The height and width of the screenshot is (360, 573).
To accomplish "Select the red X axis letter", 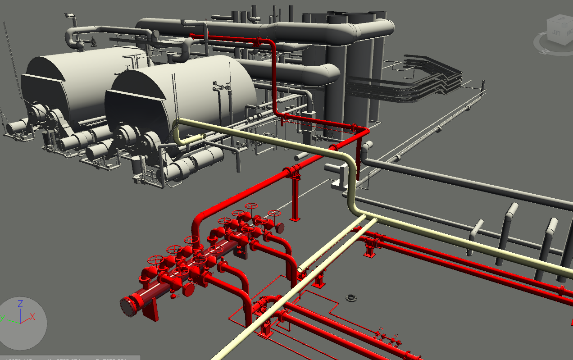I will tap(32, 316).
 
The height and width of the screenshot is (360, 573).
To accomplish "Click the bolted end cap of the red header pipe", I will tap(129, 307).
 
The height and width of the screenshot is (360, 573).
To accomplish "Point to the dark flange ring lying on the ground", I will tap(351, 297).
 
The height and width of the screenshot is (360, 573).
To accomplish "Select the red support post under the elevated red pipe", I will tap(295, 198).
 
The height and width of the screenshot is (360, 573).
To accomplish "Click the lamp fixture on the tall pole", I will tap(69, 16).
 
